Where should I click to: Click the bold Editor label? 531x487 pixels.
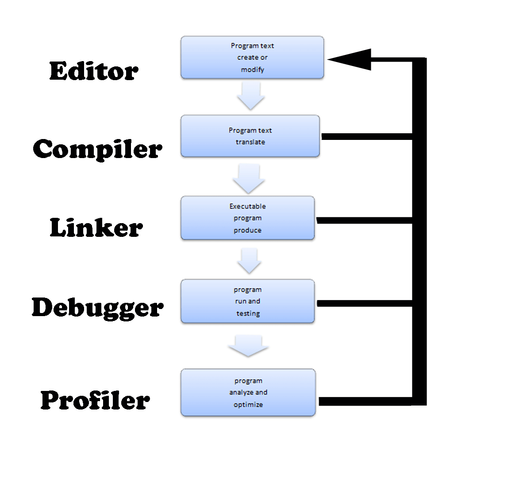[x=93, y=71]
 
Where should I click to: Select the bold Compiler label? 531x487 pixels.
[x=97, y=149]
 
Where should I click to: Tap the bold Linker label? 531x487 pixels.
[x=96, y=228]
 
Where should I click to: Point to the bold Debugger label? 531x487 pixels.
[x=97, y=307]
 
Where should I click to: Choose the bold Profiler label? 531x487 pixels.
[x=95, y=400]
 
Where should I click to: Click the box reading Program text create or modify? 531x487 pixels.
[x=252, y=58]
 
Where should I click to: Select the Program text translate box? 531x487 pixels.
[x=250, y=136]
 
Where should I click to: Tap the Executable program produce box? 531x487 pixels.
[x=248, y=218]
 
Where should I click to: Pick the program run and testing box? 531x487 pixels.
[x=248, y=301]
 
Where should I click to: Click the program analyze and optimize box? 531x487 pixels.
[x=248, y=393]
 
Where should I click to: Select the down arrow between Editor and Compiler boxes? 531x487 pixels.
[x=251, y=96]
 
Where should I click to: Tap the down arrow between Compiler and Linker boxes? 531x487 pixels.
[x=249, y=178]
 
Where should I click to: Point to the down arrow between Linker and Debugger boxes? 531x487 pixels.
[x=249, y=260]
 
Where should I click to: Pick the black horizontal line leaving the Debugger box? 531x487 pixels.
[x=364, y=303]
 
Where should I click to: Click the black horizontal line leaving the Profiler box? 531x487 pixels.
[x=365, y=402]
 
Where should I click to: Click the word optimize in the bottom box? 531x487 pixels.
[x=248, y=405]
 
